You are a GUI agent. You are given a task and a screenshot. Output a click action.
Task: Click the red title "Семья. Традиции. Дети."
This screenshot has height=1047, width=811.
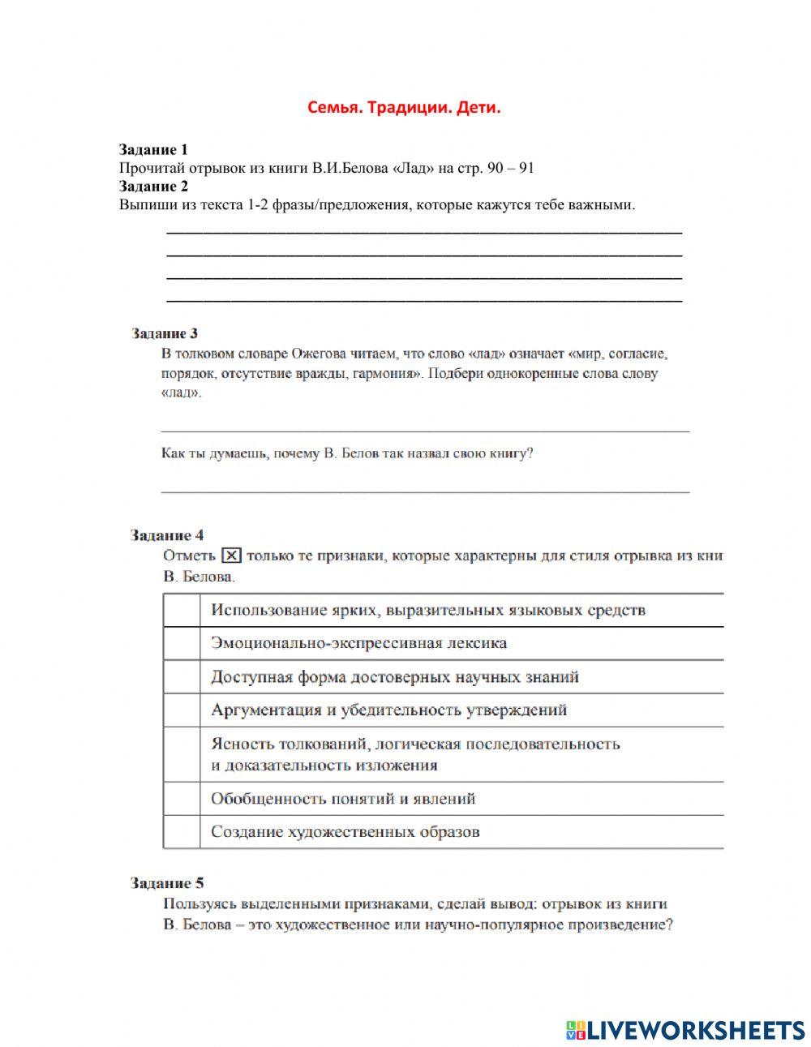(404, 108)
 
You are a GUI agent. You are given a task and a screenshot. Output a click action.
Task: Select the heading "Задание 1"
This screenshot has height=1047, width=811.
(153, 150)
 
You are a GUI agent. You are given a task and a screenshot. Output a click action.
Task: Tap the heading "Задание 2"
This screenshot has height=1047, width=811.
(153, 187)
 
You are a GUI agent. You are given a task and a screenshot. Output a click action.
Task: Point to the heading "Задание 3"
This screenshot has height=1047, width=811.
(165, 333)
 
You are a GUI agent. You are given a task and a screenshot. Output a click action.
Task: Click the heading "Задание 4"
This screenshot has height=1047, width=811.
(167, 535)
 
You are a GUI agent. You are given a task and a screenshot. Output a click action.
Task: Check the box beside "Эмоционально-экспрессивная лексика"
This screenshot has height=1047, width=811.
(182, 643)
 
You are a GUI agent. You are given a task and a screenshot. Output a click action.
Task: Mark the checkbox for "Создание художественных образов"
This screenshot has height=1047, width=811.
(182, 832)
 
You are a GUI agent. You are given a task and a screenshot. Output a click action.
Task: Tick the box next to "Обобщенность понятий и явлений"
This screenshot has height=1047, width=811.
(182, 799)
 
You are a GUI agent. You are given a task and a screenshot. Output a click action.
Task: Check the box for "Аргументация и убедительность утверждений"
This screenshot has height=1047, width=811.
(182, 710)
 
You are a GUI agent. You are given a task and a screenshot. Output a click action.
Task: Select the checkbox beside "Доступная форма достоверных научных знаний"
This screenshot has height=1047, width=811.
(182, 677)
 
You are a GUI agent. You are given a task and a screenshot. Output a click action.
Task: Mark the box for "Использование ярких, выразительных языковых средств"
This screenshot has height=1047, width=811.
(182, 610)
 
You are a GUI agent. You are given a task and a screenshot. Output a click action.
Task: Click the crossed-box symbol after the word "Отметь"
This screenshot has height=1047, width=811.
(231, 556)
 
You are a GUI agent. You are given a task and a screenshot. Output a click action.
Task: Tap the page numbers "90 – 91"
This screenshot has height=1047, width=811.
(511, 169)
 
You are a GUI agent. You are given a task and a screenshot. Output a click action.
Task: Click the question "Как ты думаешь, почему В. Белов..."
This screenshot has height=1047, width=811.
(347, 453)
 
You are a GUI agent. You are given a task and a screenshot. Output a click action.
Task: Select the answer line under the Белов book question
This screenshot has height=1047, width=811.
(425, 490)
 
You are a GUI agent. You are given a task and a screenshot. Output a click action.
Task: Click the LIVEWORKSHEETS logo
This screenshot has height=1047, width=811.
(685, 1030)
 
